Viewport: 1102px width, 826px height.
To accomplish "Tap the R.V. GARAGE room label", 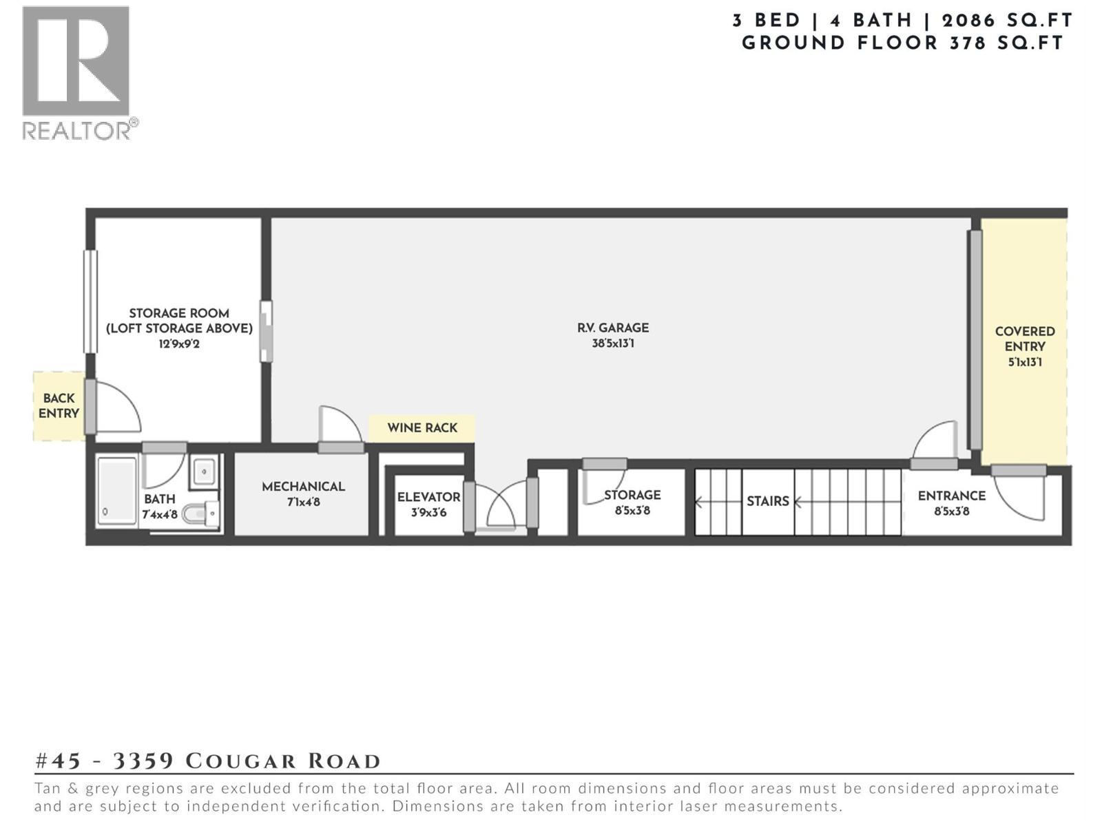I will [612, 328].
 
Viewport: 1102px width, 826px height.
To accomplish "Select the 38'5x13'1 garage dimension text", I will [612, 343].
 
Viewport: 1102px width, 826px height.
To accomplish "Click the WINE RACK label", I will [422, 428].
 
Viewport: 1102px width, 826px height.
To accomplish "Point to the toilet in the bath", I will [202, 513].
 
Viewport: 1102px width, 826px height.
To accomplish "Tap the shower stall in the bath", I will [117, 491].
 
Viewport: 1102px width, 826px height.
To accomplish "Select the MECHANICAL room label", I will [303, 487].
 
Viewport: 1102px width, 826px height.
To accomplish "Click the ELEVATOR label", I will [428, 497].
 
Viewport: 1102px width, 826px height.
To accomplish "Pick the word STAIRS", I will [767, 501].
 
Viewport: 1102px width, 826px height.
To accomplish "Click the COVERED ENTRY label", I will [1024, 339].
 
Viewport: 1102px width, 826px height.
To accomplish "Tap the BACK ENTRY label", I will [59, 405].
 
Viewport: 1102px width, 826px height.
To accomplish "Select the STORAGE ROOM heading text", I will [179, 313].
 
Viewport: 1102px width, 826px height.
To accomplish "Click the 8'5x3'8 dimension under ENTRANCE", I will [951, 511].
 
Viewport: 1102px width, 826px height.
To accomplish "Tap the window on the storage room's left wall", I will [90, 301].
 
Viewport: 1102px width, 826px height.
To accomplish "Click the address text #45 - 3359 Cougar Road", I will [207, 761].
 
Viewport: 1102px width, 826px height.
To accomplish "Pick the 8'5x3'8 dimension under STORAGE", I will [632, 511].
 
